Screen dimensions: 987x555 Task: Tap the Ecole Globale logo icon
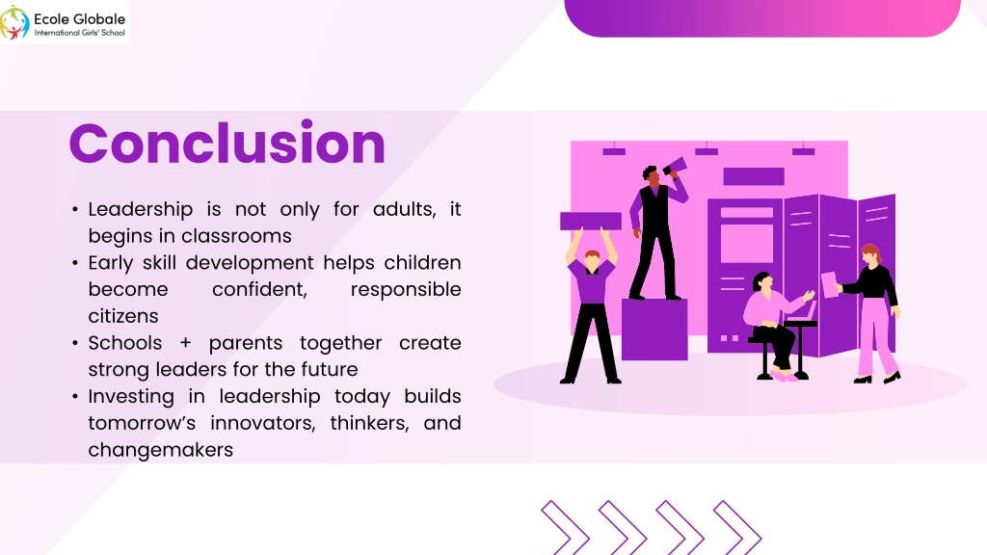(x=14, y=22)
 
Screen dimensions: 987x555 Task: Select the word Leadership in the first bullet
(x=141, y=209)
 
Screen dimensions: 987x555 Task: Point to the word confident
(x=259, y=289)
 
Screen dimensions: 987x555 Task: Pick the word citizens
(x=123, y=316)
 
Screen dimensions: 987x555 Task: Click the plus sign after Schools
(x=185, y=344)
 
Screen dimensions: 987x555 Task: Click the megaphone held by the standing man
(x=675, y=167)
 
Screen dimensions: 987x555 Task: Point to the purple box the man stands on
(x=654, y=330)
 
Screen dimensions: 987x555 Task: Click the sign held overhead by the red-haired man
(x=591, y=221)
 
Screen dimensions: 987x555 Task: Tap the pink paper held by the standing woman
(x=830, y=285)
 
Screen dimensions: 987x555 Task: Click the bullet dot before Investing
(x=75, y=397)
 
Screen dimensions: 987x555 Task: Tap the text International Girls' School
(x=80, y=33)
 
